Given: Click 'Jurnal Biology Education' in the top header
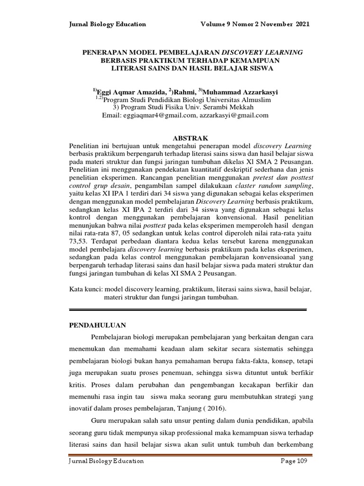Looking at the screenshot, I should point(108,24).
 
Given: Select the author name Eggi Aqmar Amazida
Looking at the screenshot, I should point(131,91).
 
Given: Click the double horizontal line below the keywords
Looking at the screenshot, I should point(188,309).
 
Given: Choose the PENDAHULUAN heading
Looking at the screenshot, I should point(98,326).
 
